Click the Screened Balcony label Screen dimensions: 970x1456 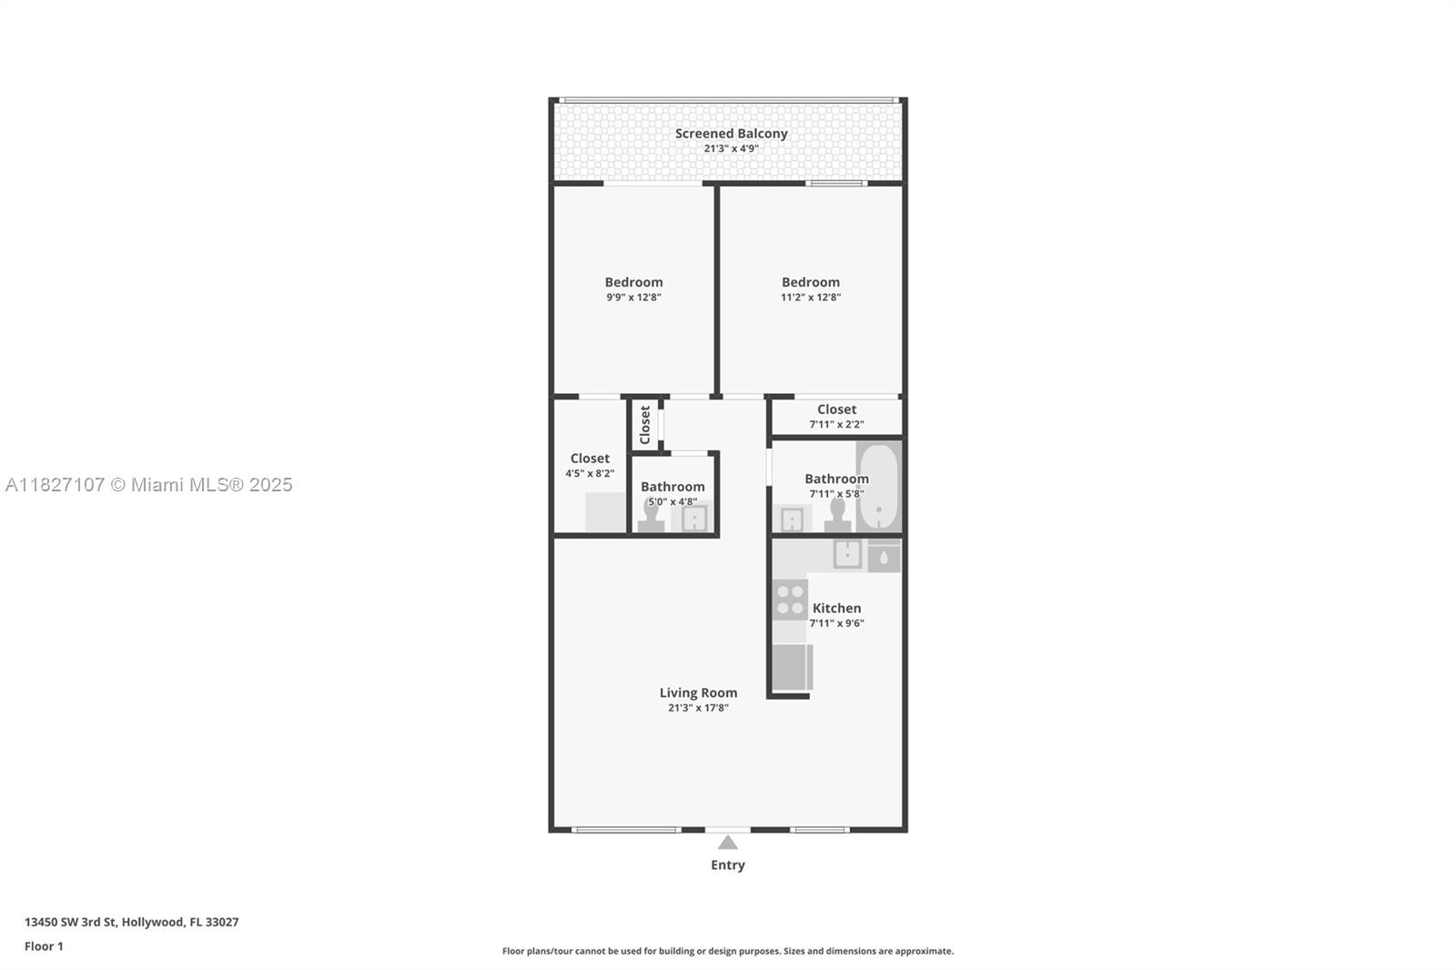pos(731,134)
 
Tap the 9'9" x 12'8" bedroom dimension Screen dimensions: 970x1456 pos(633,298)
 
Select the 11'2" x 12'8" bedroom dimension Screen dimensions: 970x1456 pos(810,298)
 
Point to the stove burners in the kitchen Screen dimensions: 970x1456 pos(790,600)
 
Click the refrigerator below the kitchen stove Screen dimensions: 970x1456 pos(791,667)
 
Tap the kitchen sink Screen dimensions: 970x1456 pos(847,553)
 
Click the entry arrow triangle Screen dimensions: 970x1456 pos(727,843)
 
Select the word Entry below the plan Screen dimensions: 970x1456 pos(727,865)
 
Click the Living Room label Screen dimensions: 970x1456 pos(698,692)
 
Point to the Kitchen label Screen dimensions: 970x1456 pos(836,608)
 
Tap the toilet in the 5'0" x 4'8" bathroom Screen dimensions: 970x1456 pos(651,517)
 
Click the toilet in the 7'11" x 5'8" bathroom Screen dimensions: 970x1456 pos(837,517)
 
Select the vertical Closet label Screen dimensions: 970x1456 pos(645,424)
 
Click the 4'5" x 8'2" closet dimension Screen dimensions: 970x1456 pos(590,474)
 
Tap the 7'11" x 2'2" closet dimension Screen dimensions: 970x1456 pos(836,425)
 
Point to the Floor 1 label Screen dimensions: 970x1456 pos(44,946)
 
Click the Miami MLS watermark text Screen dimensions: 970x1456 pos(149,485)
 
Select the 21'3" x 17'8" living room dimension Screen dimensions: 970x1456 pos(698,708)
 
